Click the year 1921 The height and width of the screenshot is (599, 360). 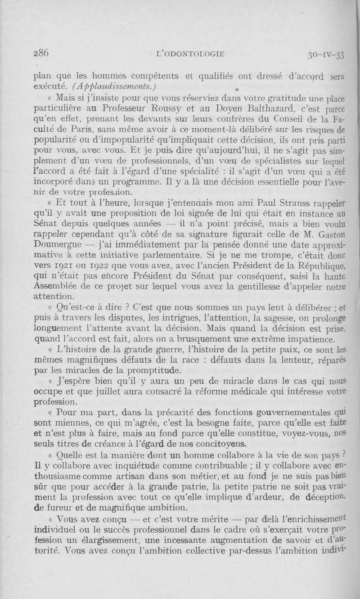tap(65, 266)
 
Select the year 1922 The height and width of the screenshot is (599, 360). tap(108, 266)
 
